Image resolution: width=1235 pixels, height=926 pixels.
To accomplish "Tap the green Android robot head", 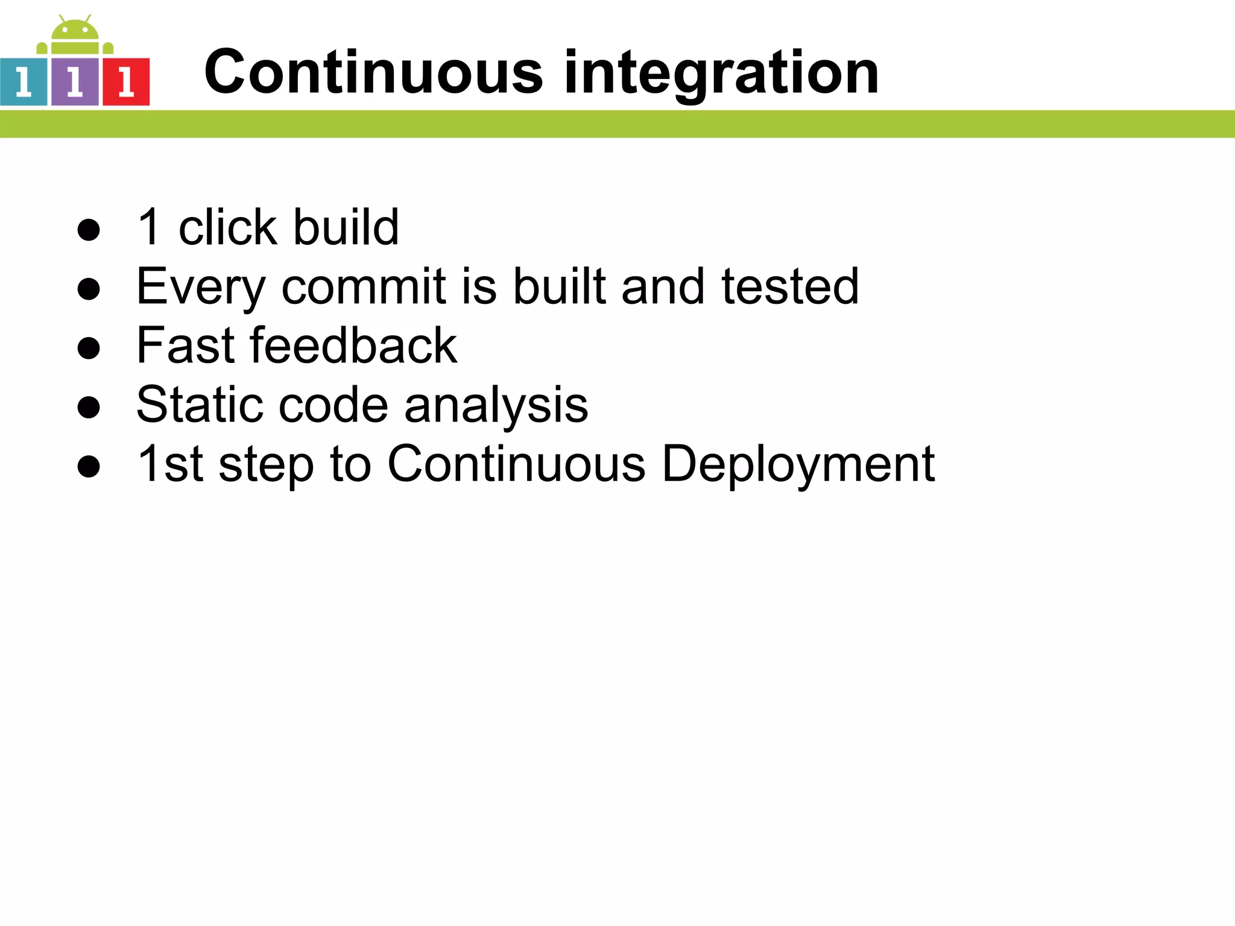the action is pos(75,30).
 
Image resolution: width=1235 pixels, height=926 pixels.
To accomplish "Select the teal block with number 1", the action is pos(24,82).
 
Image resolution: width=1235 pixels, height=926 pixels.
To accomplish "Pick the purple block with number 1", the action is pos(75,82).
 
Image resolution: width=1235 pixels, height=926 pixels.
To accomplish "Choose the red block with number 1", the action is pos(126,82).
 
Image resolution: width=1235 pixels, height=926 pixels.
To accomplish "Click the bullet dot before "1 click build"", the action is pos(89,229).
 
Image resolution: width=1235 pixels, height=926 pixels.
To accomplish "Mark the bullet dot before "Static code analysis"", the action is pos(89,407).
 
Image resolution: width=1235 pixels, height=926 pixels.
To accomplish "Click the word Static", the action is pos(200,405).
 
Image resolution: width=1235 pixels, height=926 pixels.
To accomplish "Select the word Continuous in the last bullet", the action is pos(516,464).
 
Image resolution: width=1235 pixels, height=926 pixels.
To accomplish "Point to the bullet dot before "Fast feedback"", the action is pos(89,348).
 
